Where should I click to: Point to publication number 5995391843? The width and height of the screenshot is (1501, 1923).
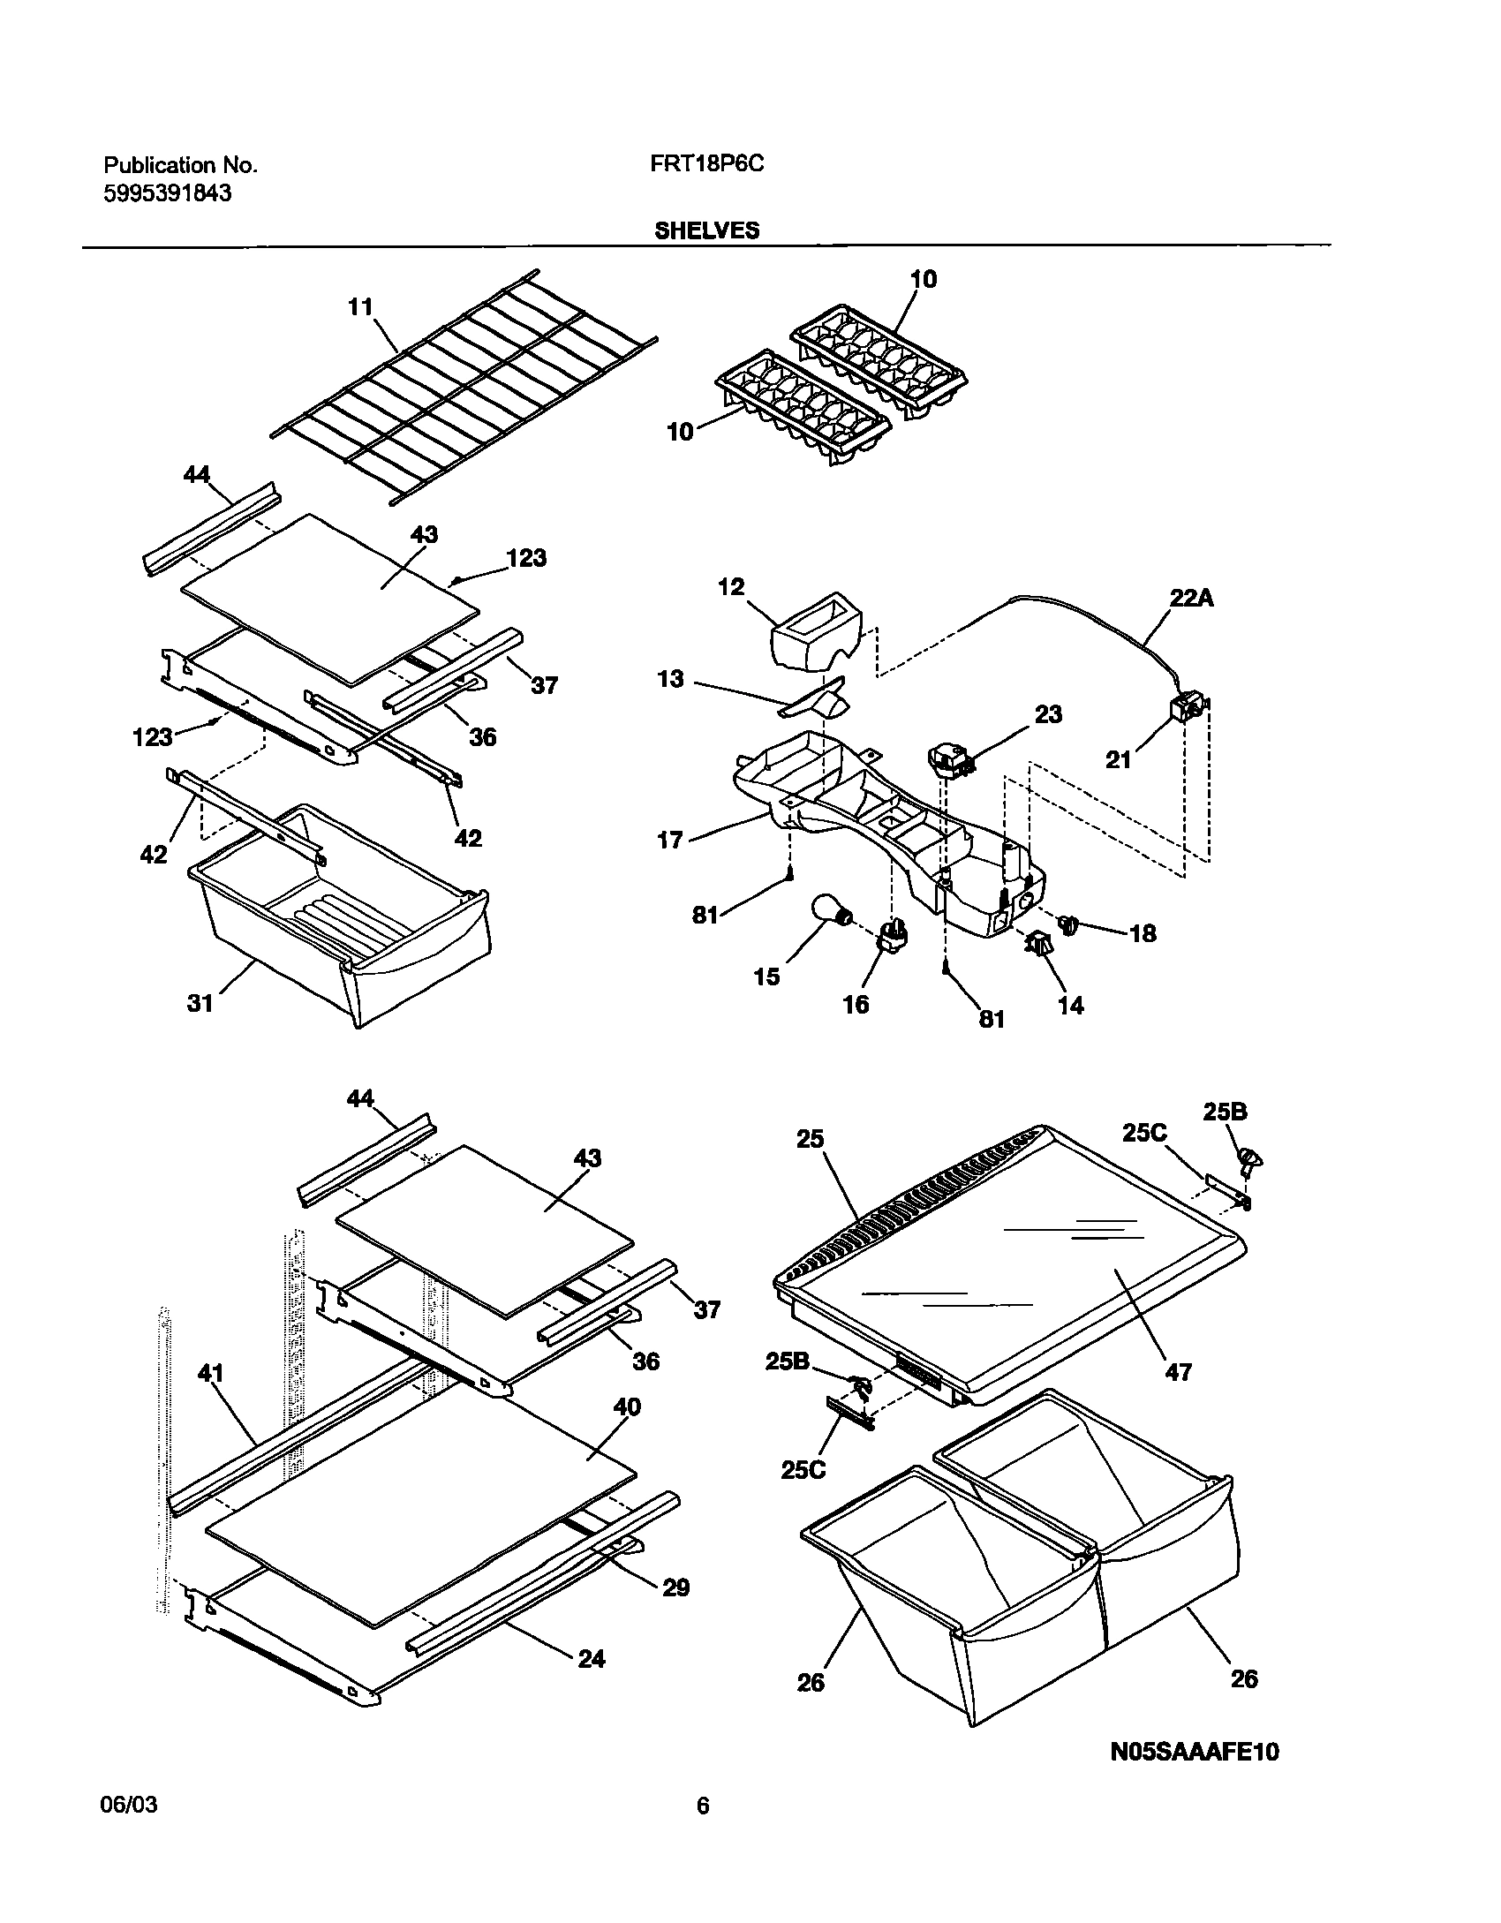coord(168,193)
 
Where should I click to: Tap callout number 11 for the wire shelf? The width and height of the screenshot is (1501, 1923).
coord(360,307)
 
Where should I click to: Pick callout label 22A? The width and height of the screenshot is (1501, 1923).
coord(1192,598)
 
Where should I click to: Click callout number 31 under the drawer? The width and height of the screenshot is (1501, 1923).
coord(200,1003)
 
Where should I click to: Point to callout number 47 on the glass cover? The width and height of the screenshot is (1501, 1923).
coord(1179,1371)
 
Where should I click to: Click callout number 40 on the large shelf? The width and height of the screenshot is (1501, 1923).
coord(626,1406)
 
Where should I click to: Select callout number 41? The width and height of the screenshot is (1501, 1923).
coord(211,1374)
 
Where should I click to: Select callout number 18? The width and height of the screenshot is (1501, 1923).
coord(1143,933)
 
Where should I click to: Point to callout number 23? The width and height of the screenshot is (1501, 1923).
coord(1048,713)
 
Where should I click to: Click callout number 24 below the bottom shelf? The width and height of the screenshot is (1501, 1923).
coord(591,1659)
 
